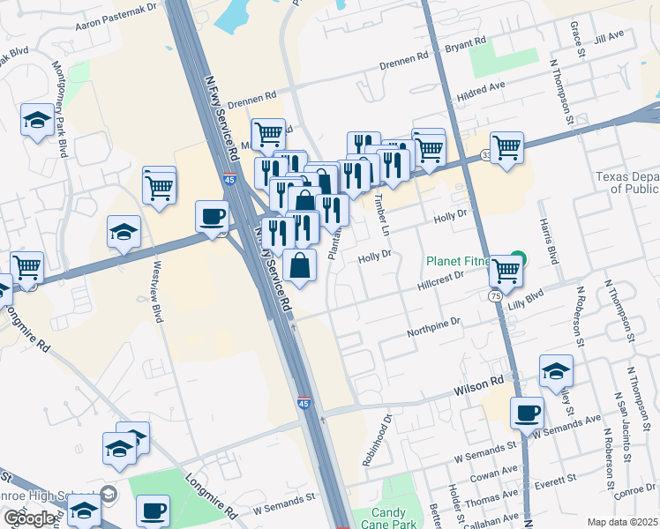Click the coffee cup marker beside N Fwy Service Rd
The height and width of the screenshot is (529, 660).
tap(213, 217)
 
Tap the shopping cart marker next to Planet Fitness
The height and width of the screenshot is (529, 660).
tap(506, 271)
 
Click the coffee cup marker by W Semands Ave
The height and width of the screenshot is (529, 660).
tap(528, 413)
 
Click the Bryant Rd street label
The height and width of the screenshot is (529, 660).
tap(467, 43)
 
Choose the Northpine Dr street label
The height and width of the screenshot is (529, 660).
tap(434, 328)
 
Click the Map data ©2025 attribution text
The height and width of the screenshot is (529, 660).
tap(622, 522)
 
